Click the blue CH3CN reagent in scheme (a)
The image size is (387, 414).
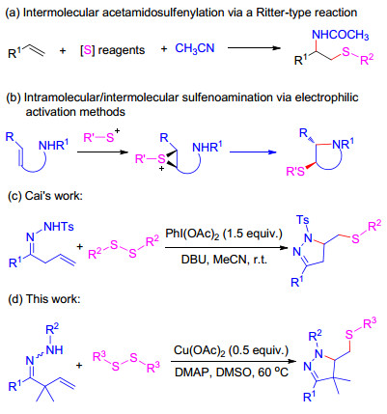[x=195, y=48]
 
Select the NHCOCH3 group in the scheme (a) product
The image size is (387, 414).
[x=341, y=35]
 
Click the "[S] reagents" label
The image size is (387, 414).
[x=112, y=50]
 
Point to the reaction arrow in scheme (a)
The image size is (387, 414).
[x=254, y=48]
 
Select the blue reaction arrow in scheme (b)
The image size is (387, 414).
[x=253, y=152]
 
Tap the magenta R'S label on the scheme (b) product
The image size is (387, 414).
[x=295, y=172]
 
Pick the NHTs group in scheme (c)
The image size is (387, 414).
[x=59, y=227]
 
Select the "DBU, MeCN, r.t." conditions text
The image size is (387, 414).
[x=224, y=260]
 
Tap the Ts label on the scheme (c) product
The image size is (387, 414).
[x=303, y=220]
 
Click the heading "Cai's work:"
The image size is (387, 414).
[x=44, y=196]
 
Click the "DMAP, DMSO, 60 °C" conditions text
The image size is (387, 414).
[x=232, y=373]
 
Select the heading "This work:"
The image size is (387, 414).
[x=43, y=299]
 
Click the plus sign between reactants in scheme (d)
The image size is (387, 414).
[x=79, y=366]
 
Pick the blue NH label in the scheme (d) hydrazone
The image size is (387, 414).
[x=54, y=349]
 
